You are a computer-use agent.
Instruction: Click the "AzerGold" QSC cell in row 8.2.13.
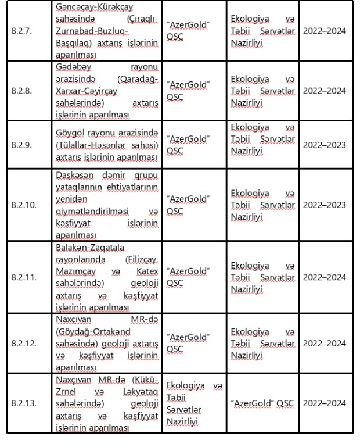[x=260, y=403]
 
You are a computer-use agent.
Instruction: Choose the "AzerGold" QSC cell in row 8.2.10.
[x=188, y=205]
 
